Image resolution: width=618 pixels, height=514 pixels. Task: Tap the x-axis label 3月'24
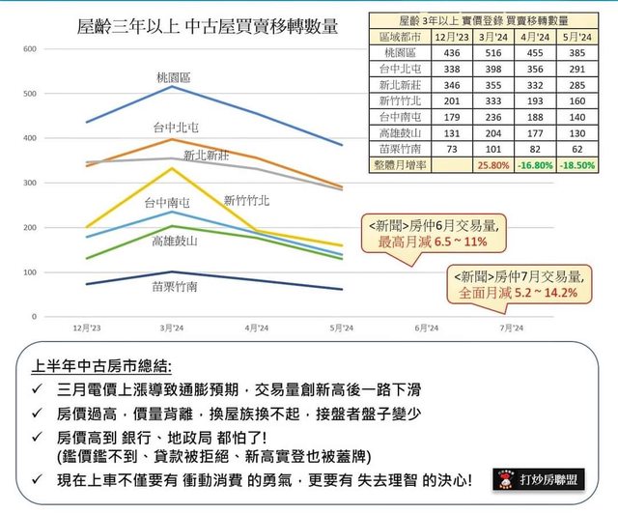[x=172, y=328]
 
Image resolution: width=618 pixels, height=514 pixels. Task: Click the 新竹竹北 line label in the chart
[x=247, y=201]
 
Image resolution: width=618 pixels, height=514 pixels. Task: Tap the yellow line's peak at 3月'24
[x=172, y=168]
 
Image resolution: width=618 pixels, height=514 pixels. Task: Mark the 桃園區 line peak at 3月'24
[x=172, y=87]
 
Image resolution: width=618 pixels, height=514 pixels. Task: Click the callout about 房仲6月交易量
[x=431, y=234]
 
